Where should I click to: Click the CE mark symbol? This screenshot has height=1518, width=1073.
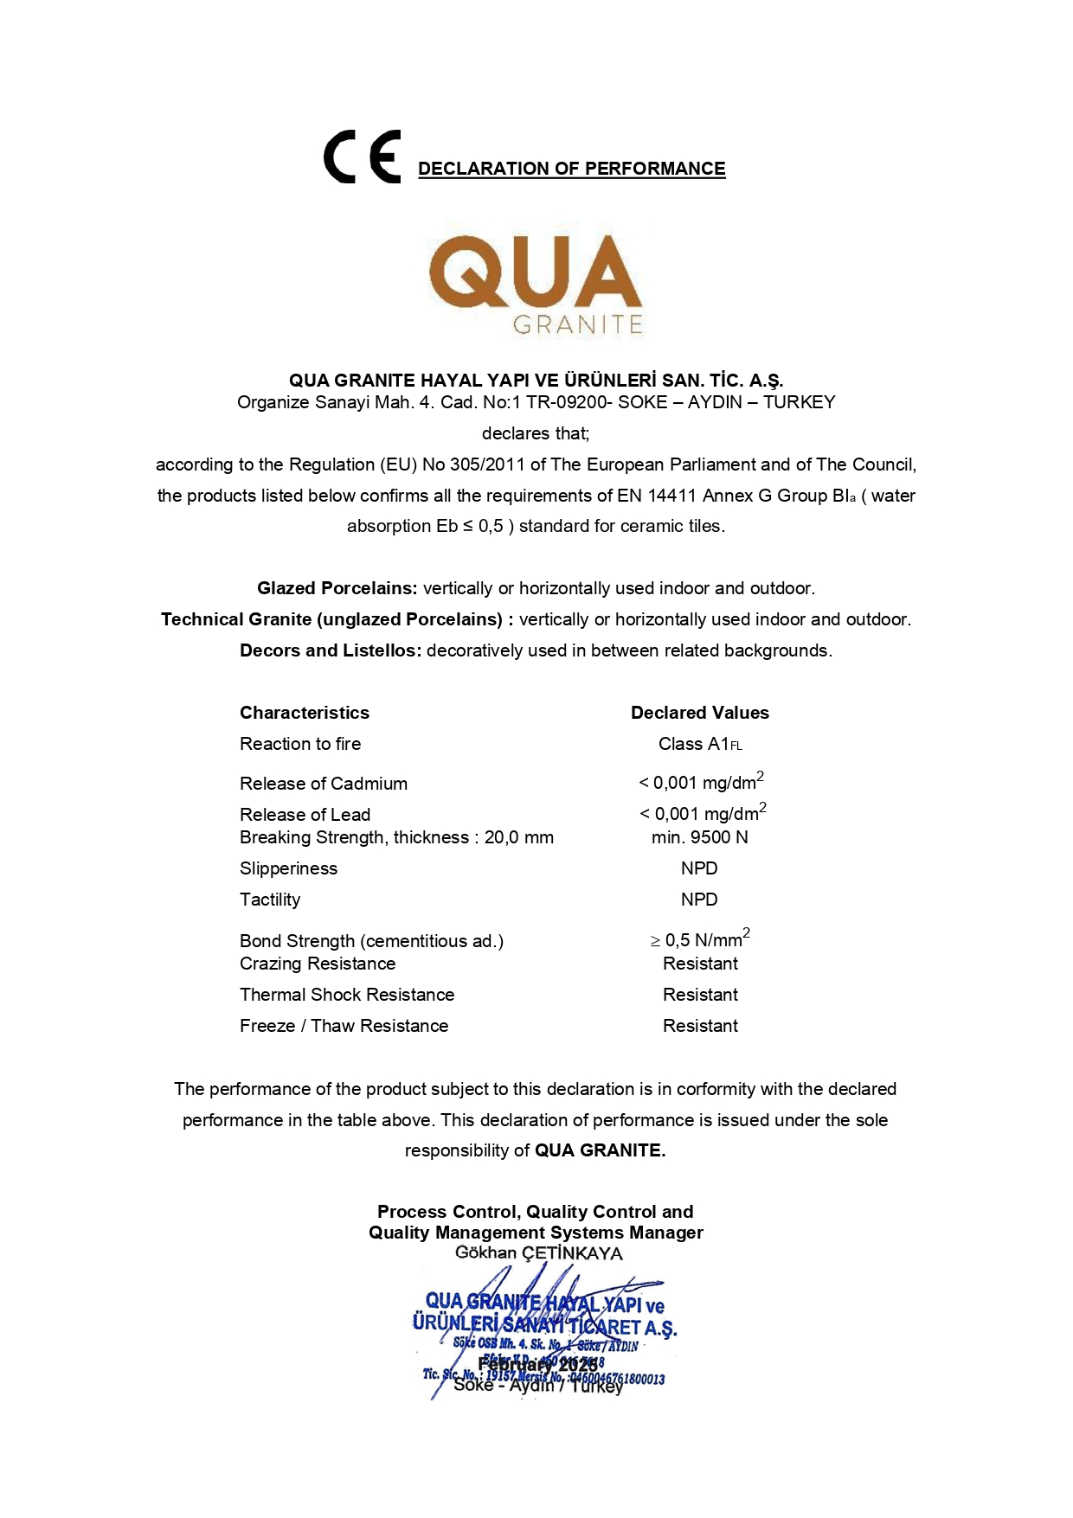[362, 157]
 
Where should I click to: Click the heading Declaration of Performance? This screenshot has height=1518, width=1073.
[571, 169]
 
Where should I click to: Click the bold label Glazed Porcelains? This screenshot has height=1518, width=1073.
[337, 588]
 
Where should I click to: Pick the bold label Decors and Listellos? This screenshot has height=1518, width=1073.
[331, 650]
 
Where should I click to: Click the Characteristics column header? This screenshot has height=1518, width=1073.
[305, 713]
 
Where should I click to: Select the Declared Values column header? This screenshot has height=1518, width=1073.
[699, 713]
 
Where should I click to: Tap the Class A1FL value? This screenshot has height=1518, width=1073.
[699, 744]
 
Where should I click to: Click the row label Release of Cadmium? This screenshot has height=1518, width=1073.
[324, 784]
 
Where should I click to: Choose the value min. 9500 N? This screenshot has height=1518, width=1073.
[699, 837]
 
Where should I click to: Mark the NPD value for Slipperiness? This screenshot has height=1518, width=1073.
[699, 868]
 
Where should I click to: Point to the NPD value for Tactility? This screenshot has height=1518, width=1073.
[699, 900]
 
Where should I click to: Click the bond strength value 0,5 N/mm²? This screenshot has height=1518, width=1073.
[702, 940]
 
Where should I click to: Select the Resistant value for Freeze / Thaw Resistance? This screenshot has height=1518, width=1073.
[700, 1026]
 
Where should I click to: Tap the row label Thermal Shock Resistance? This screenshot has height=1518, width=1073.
[347, 995]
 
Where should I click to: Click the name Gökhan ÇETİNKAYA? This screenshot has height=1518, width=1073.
[538, 1253]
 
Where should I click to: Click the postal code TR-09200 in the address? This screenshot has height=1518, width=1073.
[569, 402]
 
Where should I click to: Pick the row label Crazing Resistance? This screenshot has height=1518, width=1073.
[318, 964]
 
